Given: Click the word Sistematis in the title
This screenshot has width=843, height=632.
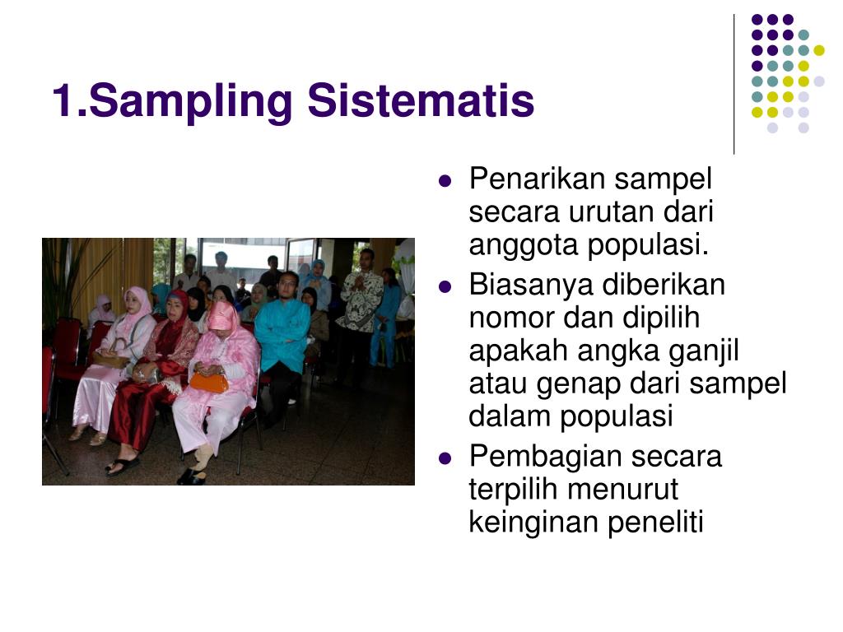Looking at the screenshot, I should (421, 102).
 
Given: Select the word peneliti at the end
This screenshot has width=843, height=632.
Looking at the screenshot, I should (656, 523).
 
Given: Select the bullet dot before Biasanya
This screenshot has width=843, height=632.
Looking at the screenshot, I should (446, 286).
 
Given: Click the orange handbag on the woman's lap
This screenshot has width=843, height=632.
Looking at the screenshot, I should (208, 382).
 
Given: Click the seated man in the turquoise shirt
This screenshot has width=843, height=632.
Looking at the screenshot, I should (282, 337).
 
